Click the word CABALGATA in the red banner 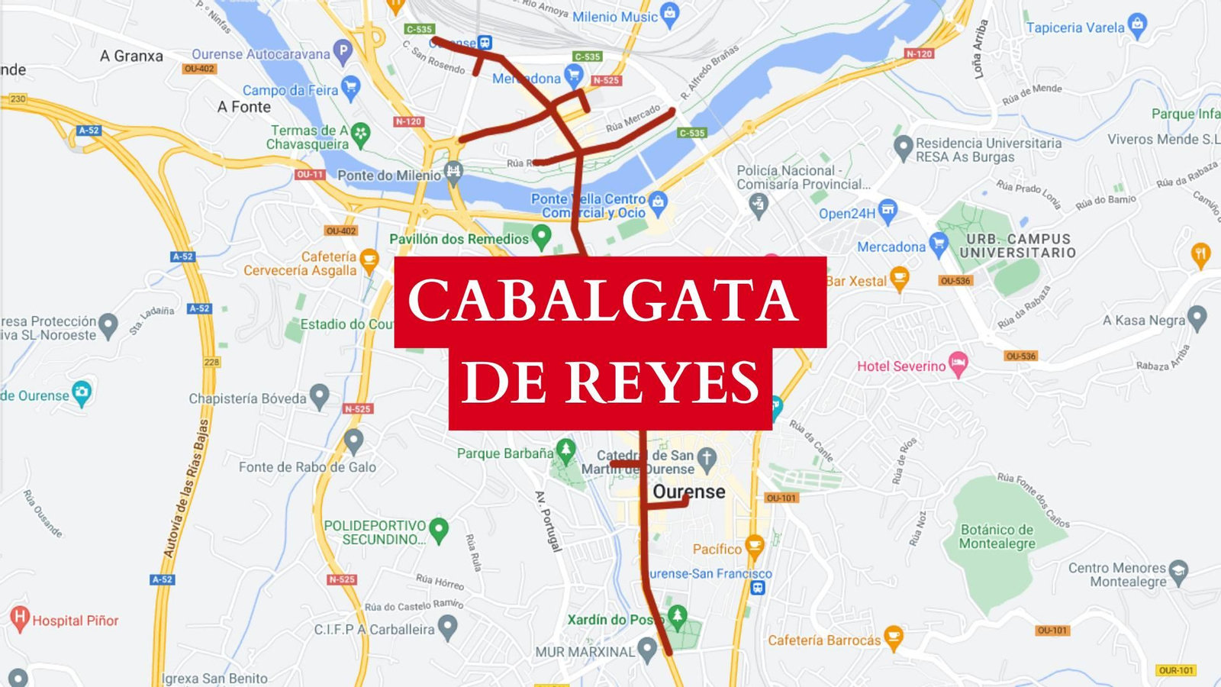click(x=603, y=300)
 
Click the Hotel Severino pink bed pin click(x=958, y=364)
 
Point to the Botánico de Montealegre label click(x=997, y=537)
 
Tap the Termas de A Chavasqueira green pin click(x=360, y=134)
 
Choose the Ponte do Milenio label click(x=389, y=176)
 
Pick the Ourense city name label click(x=689, y=492)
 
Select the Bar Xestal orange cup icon click(x=899, y=279)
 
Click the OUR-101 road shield click(x=1175, y=670)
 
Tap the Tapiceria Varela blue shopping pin click(x=1137, y=25)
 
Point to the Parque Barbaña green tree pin click(x=565, y=450)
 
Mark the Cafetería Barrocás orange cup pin click(x=893, y=637)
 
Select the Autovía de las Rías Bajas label click(x=186, y=489)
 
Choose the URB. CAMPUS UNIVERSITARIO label click(x=1017, y=246)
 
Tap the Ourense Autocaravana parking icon click(x=343, y=51)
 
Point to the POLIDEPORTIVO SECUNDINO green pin click(x=439, y=529)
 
